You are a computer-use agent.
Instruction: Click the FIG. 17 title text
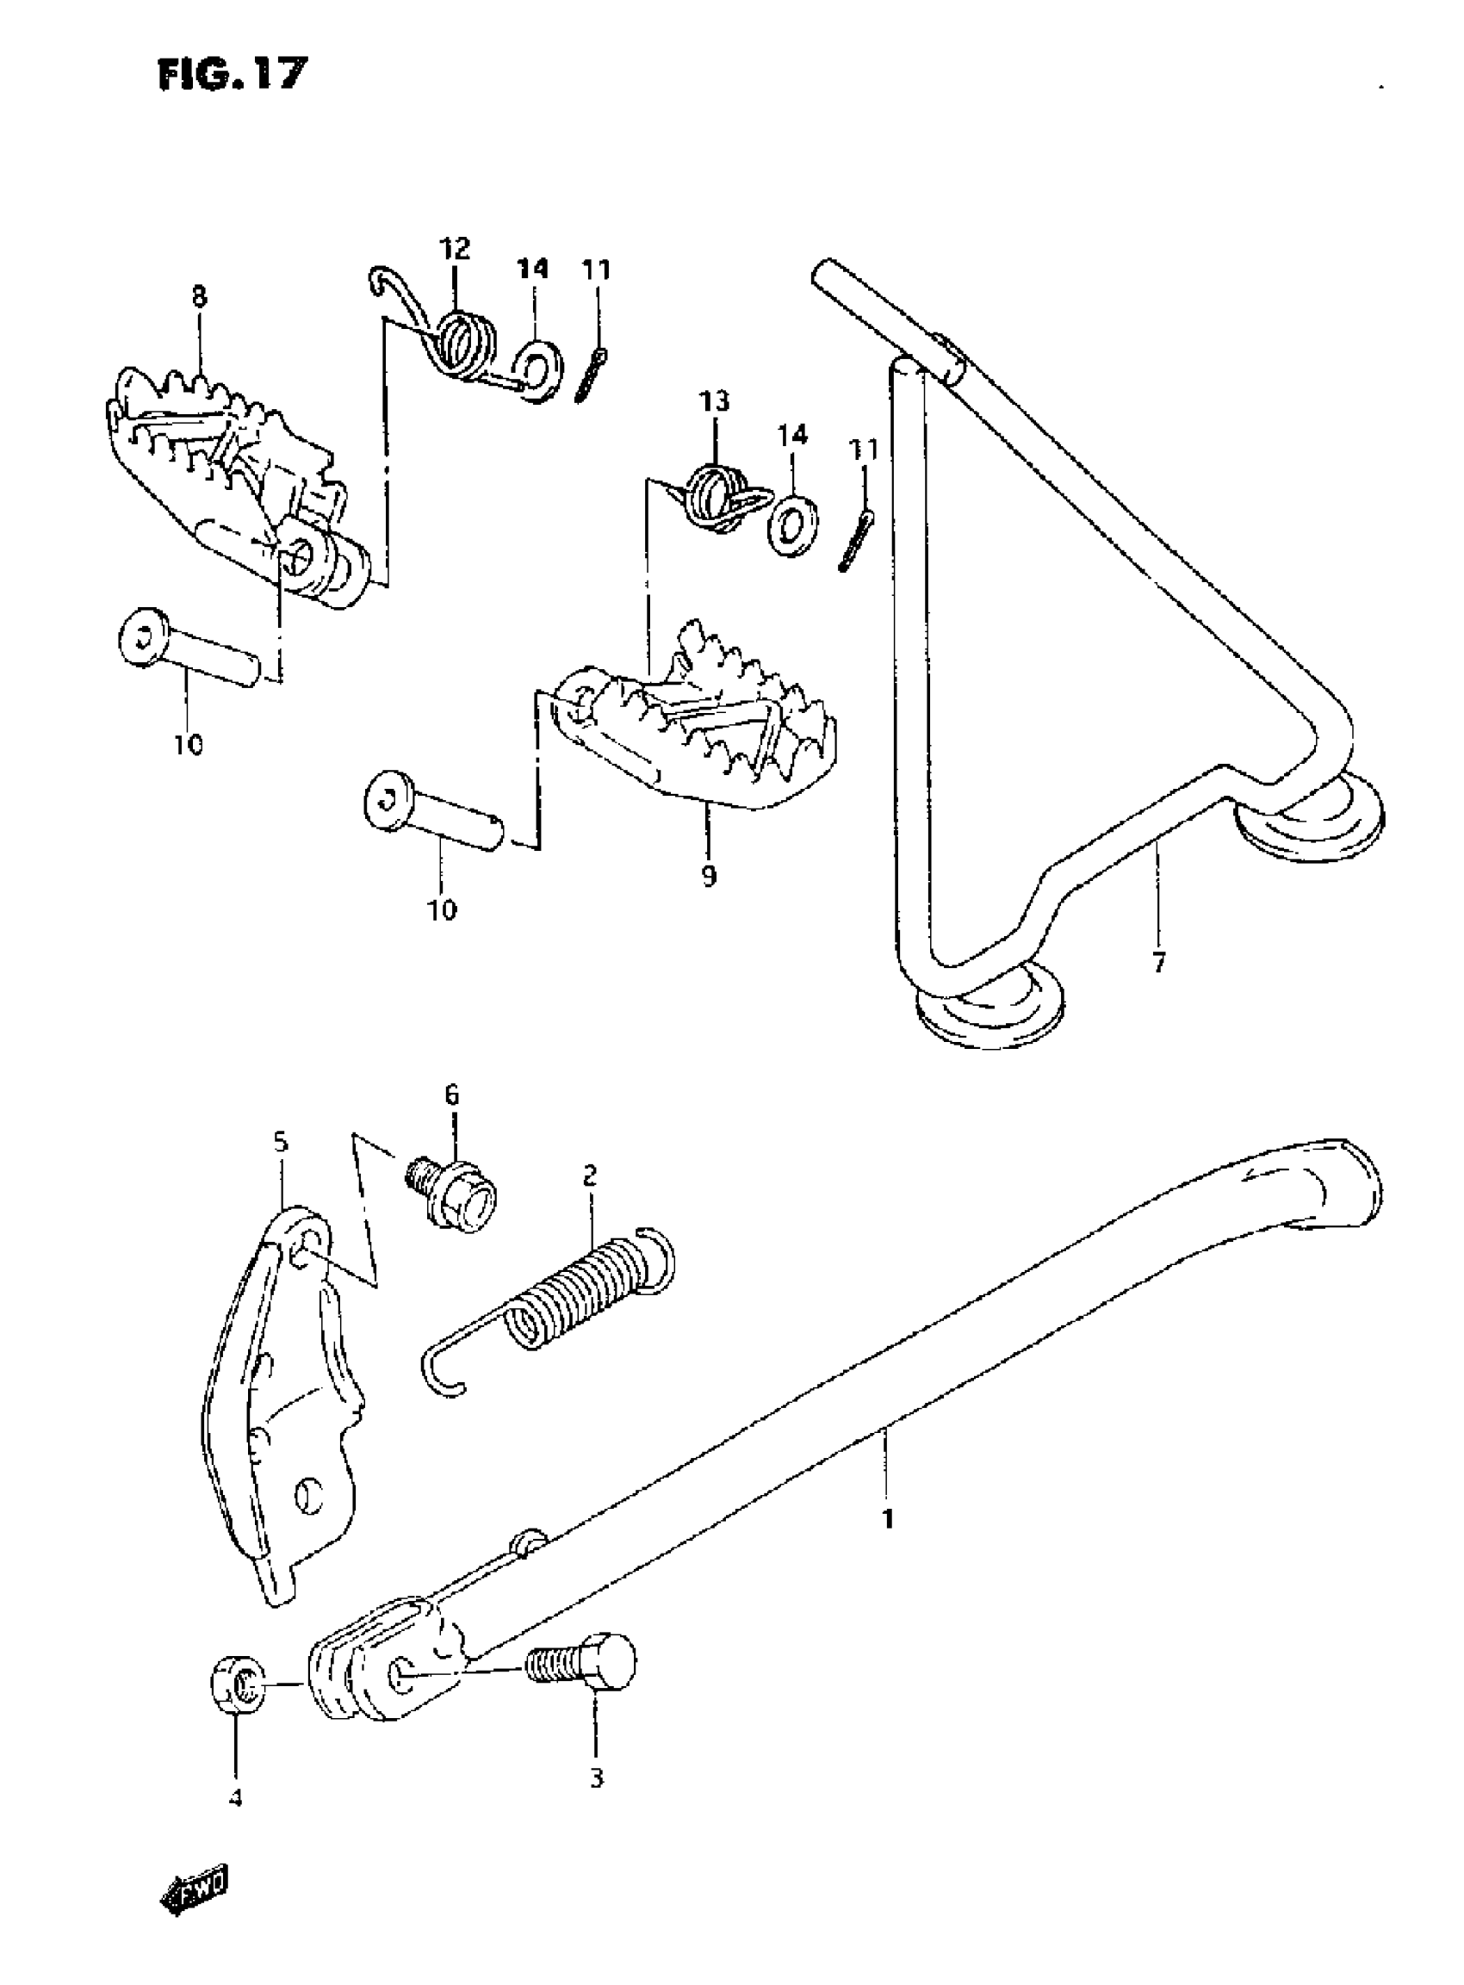coord(233,73)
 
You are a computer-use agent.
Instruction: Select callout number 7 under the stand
coord(1158,961)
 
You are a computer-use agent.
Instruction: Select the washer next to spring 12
coord(537,369)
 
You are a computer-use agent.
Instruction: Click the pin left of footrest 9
coord(433,818)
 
